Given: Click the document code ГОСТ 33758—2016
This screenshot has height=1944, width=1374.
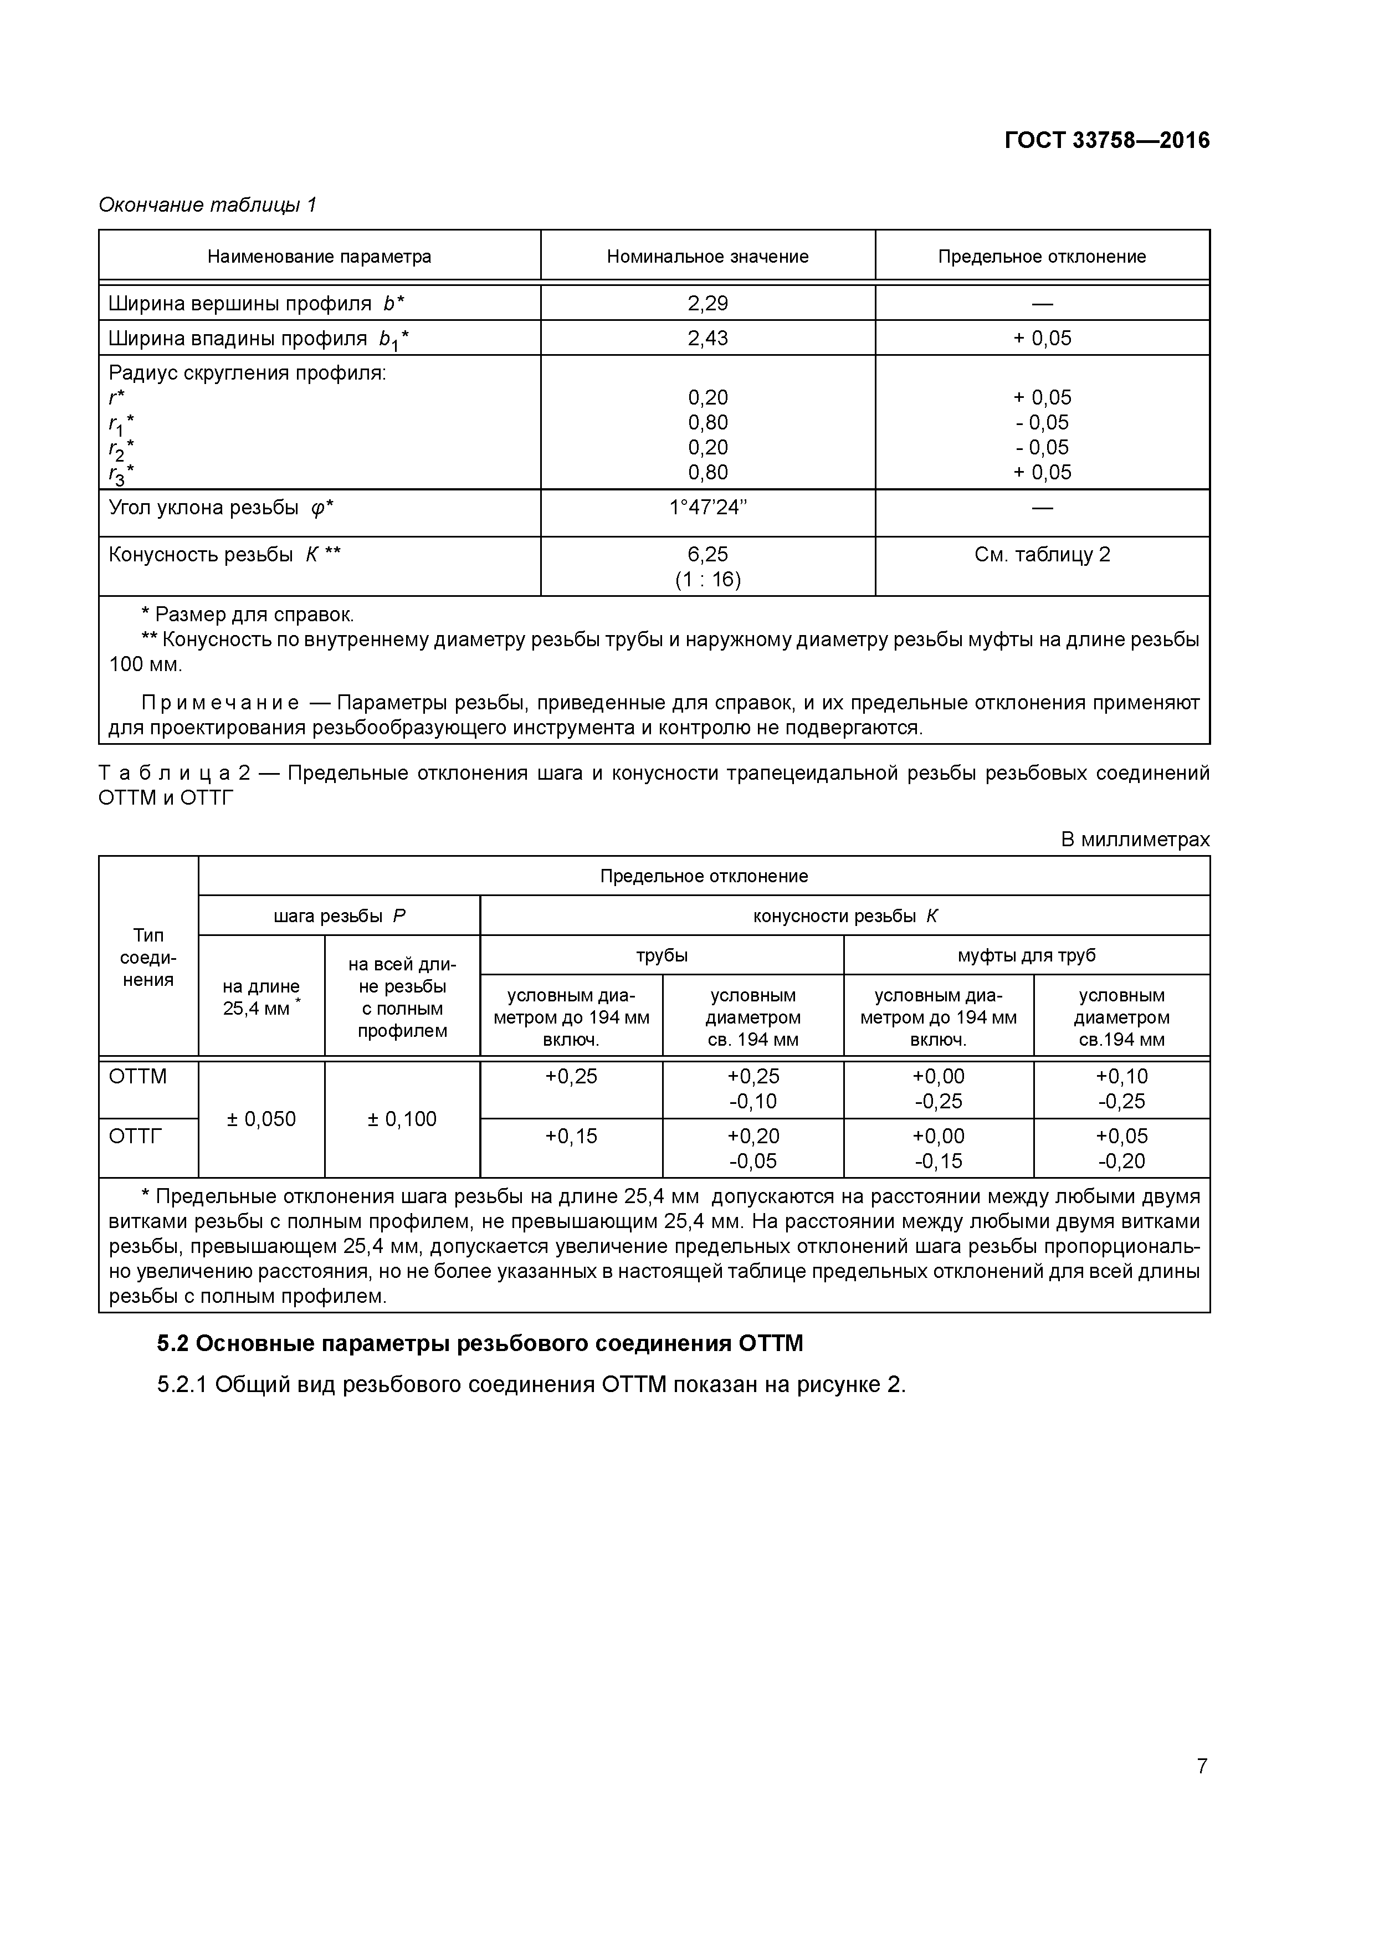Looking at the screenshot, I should point(1106,141).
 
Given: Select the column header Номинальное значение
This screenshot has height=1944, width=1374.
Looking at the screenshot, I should point(707,257).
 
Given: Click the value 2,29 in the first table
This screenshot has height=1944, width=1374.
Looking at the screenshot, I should point(707,303).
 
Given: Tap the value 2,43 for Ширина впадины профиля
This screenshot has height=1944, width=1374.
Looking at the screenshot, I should point(707,338).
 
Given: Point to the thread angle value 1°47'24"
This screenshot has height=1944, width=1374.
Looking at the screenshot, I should point(707,507).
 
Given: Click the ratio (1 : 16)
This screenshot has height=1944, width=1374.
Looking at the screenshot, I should point(707,580).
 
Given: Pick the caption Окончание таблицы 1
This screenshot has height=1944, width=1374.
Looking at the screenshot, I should point(207,205).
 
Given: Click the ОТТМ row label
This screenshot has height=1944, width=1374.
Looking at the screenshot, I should point(138,1076).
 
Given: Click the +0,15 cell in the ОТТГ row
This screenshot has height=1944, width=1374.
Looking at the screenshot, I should point(571,1135).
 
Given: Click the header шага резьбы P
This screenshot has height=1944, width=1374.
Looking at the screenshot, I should point(339,915).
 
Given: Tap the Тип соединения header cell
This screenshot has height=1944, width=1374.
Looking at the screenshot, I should point(148,956).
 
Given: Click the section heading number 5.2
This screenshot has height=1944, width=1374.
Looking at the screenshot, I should point(175,1344).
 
